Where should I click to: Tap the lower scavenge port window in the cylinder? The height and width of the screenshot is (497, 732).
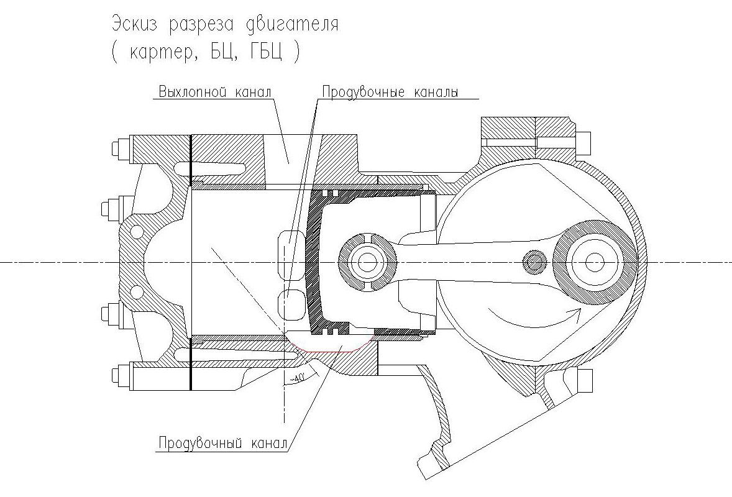pyautogui.click(x=290, y=301)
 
